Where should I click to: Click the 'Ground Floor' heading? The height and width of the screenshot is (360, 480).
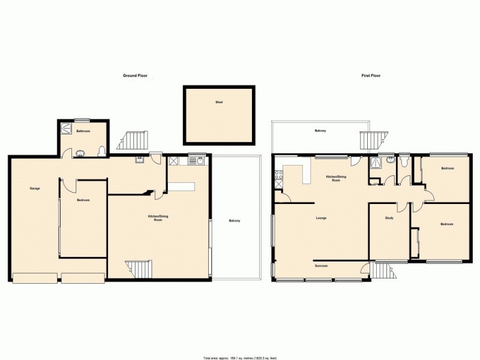(x=135, y=76)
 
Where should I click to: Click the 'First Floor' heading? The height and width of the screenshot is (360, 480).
(x=371, y=76)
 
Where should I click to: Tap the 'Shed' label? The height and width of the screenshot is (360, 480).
(x=219, y=103)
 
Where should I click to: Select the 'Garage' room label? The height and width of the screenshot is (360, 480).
(x=35, y=189)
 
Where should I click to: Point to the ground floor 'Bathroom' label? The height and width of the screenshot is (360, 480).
(x=83, y=131)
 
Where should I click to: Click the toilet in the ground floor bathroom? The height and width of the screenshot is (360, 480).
(x=101, y=151)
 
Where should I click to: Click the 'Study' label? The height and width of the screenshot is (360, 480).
(x=389, y=218)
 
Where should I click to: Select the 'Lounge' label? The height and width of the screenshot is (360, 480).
(x=321, y=218)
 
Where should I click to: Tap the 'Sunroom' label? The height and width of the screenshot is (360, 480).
(x=321, y=265)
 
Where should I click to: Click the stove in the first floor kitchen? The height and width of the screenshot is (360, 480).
(x=278, y=176)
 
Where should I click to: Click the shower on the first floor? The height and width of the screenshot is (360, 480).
(x=376, y=161)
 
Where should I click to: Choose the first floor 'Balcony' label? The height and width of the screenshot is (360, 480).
(x=321, y=131)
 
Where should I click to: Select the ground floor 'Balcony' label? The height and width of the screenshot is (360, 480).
(x=234, y=221)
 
